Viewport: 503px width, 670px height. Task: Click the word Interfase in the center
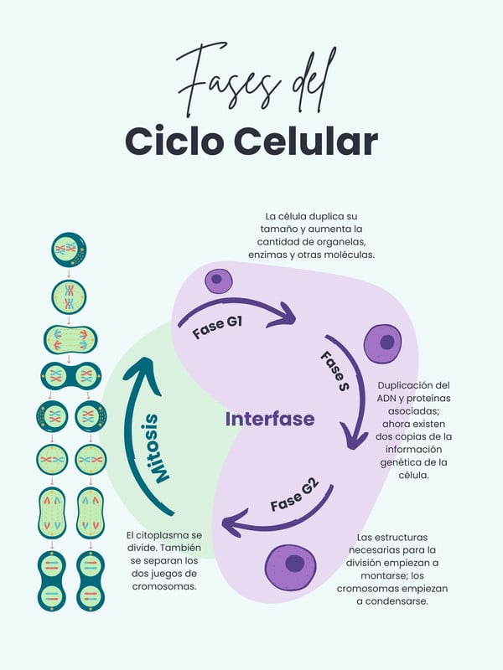270,419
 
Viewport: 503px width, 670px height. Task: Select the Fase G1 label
217,326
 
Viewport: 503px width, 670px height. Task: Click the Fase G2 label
293,494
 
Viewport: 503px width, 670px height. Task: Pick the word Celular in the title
305,140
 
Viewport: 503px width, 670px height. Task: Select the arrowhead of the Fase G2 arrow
228,525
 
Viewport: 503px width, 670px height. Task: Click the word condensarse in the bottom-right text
392,601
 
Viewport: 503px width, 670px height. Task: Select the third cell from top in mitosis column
70,339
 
